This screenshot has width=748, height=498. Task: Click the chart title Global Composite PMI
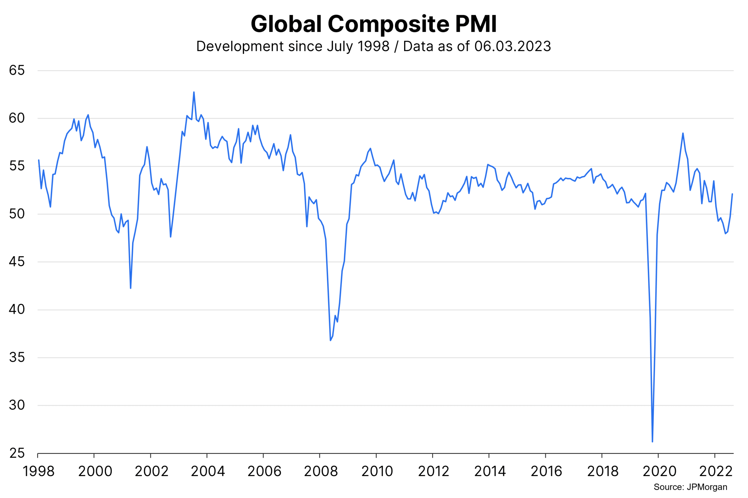(374, 24)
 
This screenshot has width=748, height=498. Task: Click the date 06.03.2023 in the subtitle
(512, 46)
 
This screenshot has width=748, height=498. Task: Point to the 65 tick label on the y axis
(17, 70)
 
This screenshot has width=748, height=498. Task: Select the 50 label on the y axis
(17, 214)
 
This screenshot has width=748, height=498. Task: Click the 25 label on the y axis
(17, 453)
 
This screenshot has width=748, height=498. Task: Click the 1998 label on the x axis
(38, 471)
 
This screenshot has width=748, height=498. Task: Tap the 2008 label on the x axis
(321, 471)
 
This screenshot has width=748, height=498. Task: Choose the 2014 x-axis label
(490, 471)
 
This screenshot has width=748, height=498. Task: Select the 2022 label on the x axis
(716, 471)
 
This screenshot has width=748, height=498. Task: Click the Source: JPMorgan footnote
(690, 487)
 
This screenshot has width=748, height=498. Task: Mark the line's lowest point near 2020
(652, 442)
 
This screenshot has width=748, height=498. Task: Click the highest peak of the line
(194, 92)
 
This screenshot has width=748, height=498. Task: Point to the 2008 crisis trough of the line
(330, 340)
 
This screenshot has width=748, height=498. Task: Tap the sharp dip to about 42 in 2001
(131, 288)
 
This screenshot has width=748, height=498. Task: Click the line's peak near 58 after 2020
(683, 133)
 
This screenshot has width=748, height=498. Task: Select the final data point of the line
(732, 194)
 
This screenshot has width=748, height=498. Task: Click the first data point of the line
(39, 160)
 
